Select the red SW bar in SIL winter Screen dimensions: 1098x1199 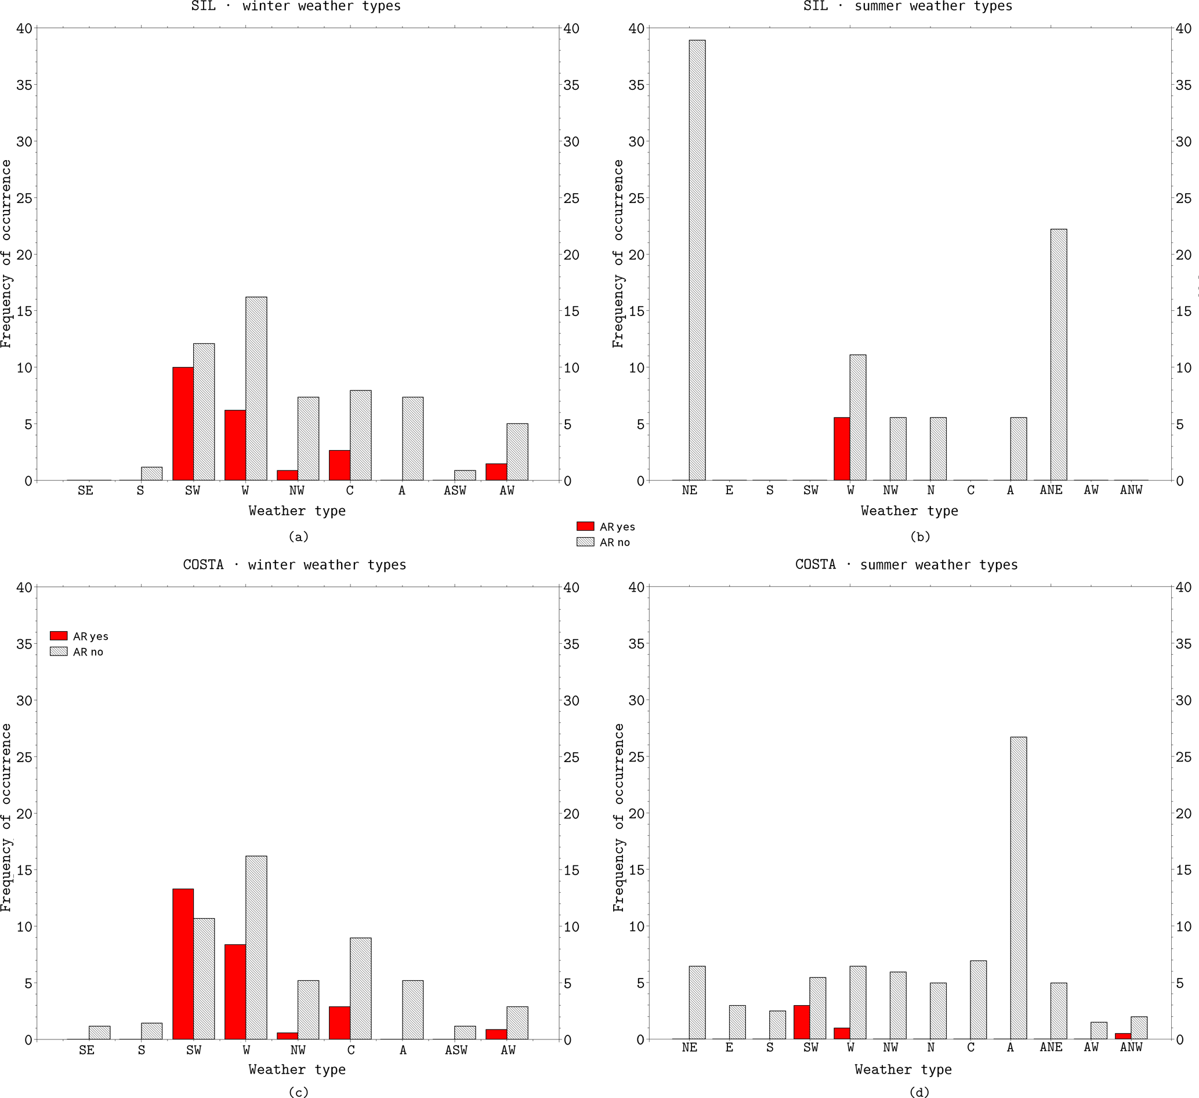pyautogui.click(x=183, y=423)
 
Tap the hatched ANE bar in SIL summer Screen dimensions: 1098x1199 pyautogui.click(x=1058, y=354)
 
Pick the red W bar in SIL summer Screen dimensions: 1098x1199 pyautogui.click(x=842, y=448)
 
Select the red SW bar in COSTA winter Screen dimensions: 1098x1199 pyautogui.click(x=183, y=964)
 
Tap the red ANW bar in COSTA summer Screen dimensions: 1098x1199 pyautogui.click(x=1123, y=1036)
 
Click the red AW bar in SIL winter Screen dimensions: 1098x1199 pyautogui.click(x=496, y=472)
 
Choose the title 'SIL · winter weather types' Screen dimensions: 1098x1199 pyautogui.click(x=296, y=6)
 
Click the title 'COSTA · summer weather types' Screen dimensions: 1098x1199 pyautogui.click(x=906, y=564)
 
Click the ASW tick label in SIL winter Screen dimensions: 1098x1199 pyautogui.click(x=455, y=491)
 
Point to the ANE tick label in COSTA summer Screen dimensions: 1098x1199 pyautogui.click(x=1051, y=1047)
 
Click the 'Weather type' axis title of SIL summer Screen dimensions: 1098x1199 pyautogui.click(x=909, y=511)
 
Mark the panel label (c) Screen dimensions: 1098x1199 pyautogui.click(x=298, y=1092)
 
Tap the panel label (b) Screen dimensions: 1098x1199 pyautogui.click(x=919, y=537)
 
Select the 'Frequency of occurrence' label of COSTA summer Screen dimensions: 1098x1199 pyautogui.click(x=618, y=817)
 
